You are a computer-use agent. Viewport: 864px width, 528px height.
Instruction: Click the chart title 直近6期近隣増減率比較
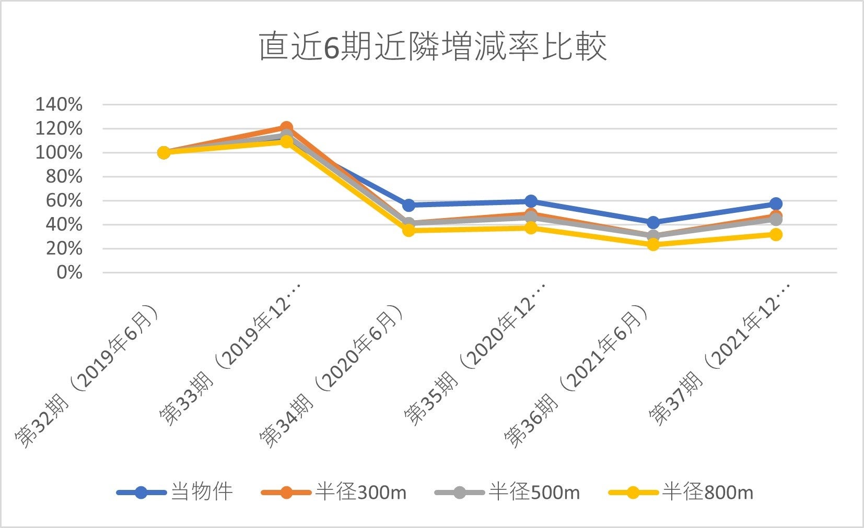point(433,46)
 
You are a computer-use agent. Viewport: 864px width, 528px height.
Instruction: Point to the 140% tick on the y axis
point(59,104)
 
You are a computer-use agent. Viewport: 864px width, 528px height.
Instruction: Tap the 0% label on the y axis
point(69,272)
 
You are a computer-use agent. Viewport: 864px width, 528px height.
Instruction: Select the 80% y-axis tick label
point(64,176)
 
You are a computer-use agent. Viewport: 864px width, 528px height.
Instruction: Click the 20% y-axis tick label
point(64,248)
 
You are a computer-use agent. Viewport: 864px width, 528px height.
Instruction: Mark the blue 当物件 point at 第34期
point(408,205)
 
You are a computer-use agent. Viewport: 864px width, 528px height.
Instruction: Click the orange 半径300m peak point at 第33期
point(286,127)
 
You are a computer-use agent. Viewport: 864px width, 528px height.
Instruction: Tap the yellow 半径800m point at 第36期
point(653,244)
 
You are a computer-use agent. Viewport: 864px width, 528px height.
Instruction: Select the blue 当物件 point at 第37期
point(776,203)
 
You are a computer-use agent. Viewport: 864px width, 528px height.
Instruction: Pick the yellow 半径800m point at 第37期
point(776,234)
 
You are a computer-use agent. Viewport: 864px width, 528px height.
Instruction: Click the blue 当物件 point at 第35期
point(531,201)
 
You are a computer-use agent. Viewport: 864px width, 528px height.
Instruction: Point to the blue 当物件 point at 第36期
point(653,223)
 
